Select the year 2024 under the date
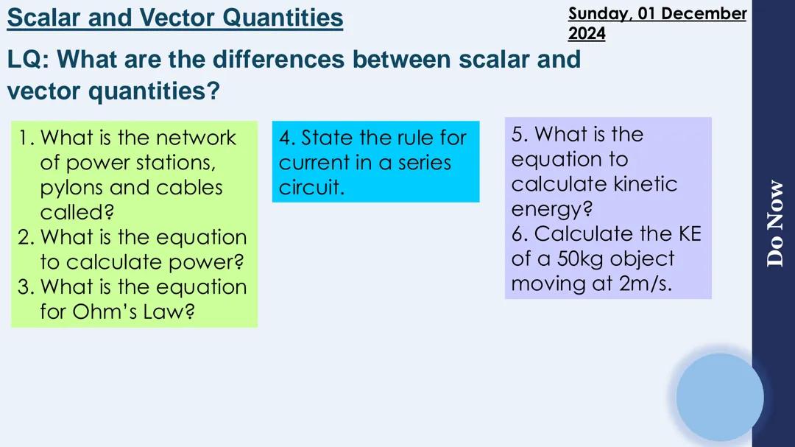coord(587,33)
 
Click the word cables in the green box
coord(188,187)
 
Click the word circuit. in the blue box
coord(311,188)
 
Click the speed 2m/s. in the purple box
coord(646,284)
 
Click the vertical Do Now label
coord(774,222)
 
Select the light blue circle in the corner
coord(719,397)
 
